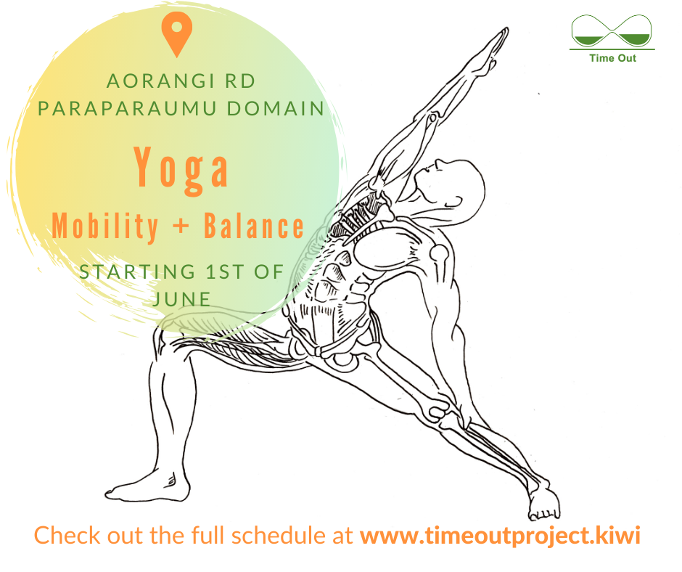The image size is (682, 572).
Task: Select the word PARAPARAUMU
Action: point(127,108)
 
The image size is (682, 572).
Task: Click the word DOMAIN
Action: point(276,108)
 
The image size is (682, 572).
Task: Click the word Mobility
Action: point(104,226)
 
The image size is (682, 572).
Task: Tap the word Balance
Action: point(254,226)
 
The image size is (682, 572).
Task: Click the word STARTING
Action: point(137,271)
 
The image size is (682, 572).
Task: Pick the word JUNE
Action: point(182,299)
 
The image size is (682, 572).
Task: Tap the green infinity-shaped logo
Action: point(611,31)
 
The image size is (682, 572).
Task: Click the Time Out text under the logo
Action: point(612,58)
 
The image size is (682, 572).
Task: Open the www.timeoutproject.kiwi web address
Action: point(500,536)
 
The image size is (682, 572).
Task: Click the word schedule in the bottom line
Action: point(279,535)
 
